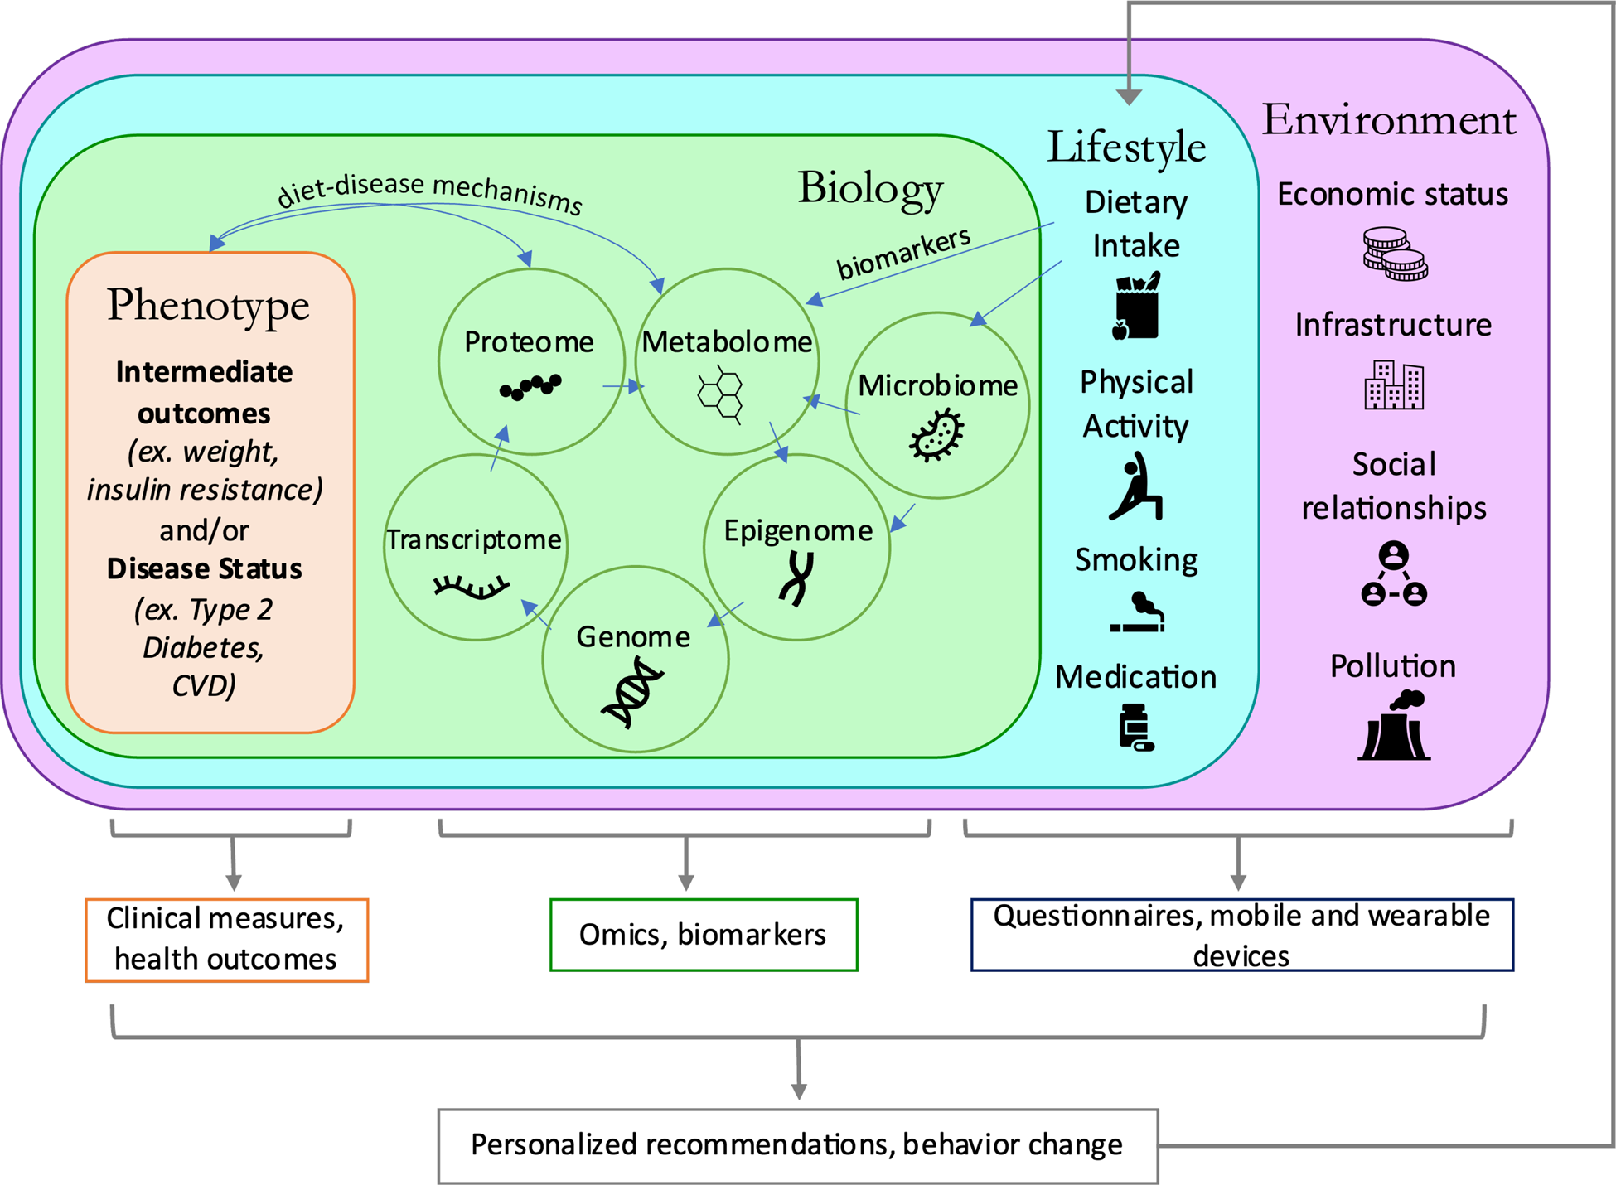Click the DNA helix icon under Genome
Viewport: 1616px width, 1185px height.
(x=632, y=691)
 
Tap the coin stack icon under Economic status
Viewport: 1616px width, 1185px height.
(x=1395, y=254)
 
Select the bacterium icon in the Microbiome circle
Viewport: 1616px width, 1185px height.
(x=936, y=436)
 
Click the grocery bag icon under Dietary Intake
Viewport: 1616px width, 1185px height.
(x=1136, y=307)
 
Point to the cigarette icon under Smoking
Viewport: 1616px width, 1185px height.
(x=1138, y=613)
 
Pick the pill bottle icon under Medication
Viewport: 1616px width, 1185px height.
(x=1135, y=728)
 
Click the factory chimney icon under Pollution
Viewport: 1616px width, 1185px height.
(x=1394, y=727)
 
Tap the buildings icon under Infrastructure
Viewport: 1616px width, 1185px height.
(x=1394, y=385)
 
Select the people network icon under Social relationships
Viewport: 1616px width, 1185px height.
(x=1394, y=573)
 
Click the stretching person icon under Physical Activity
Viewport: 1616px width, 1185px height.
(x=1136, y=486)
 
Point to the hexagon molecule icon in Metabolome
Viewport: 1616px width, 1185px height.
(x=720, y=397)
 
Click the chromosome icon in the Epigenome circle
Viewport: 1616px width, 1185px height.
(x=796, y=578)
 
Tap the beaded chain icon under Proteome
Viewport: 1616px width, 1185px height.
(x=530, y=386)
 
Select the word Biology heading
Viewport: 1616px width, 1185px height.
(x=870, y=189)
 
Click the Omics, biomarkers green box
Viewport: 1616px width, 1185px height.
(x=704, y=935)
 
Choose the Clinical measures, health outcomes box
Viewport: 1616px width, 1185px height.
(x=226, y=940)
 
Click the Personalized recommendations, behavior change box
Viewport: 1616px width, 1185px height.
(x=797, y=1145)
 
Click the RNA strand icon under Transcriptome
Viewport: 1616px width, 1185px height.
(x=471, y=587)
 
